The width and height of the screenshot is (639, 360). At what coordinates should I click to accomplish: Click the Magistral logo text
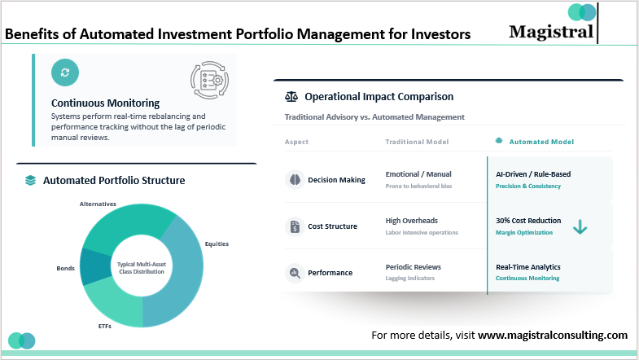tap(551, 31)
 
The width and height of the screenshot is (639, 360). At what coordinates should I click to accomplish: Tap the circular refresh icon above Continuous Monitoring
tap(65, 72)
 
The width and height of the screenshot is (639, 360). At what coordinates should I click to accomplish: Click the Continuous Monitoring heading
tap(105, 103)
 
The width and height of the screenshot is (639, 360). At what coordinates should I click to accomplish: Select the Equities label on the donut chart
tap(217, 244)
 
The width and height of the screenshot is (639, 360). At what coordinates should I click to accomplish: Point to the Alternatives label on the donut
tap(98, 204)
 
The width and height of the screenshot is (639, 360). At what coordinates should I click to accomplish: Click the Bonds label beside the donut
tap(66, 267)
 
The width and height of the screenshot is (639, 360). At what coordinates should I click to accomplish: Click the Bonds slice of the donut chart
tap(95, 266)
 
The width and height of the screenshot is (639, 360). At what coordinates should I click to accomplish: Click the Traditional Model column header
tap(417, 142)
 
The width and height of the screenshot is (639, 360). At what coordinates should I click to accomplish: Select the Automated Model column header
tap(541, 142)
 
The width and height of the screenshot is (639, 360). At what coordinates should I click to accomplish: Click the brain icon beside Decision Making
tap(295, 180)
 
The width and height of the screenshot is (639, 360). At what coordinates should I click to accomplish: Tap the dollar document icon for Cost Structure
tap(295, 226)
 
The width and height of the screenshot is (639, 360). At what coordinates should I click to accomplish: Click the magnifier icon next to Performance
tap(295, 273)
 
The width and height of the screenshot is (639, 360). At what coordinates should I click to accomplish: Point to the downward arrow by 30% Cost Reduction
tap(580, 227)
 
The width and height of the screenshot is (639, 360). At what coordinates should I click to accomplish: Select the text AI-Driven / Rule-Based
tap(533, 174)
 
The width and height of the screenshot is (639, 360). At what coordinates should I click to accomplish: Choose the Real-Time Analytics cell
tap(527, 267)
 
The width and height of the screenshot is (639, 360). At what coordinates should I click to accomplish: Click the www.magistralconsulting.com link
tap(553, 335)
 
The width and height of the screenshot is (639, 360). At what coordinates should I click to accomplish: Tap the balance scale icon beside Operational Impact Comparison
tap(291, 97)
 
